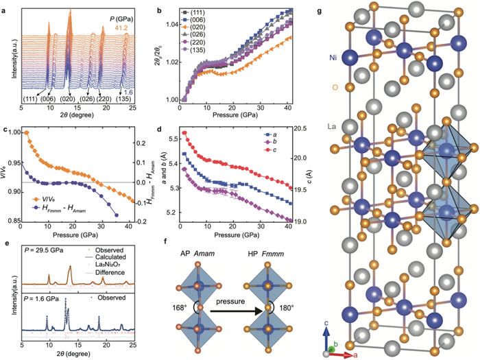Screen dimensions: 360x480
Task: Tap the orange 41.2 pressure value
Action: click(152, 26)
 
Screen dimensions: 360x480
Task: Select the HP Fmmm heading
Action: click(271, 248)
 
